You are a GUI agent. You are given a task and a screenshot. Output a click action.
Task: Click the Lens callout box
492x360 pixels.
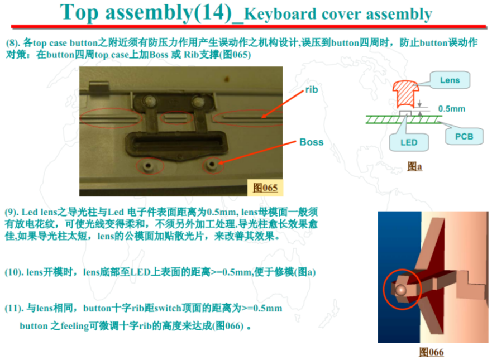[450, 80]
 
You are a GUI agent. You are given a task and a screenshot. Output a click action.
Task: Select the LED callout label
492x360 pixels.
[409, 143]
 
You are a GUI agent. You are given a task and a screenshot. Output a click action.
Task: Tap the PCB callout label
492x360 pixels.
[464, 136]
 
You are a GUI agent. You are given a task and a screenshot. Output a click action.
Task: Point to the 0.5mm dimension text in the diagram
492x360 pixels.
[452, 109]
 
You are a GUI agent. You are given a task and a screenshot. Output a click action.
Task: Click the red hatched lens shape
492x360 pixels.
[405, 93]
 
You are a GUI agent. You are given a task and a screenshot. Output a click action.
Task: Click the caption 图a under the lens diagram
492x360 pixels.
[414, 166]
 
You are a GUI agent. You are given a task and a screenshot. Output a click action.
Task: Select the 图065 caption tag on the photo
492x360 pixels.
[265, 188]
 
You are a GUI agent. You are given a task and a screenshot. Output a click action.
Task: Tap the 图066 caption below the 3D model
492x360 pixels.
[432, 352]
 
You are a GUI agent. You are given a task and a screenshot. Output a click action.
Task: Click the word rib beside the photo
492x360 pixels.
[311, 90]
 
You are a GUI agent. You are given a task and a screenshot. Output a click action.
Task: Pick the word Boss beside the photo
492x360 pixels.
[311, 142]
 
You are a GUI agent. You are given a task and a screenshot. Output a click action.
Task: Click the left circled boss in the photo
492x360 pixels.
[148, 166]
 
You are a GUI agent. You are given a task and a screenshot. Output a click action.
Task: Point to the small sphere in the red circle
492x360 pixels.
[400, 290]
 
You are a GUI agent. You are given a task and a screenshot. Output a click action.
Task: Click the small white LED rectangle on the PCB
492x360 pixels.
[405, 113]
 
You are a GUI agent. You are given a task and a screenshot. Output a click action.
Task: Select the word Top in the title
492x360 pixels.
[79, 12]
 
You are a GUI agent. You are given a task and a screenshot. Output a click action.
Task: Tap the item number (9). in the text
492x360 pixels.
[11, 212]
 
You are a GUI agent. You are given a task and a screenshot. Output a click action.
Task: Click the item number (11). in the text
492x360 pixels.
[14, 308]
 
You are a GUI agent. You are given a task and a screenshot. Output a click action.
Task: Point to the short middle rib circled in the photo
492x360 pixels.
[176, 118]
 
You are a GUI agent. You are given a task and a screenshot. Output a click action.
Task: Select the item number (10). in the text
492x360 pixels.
[14, 272]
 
